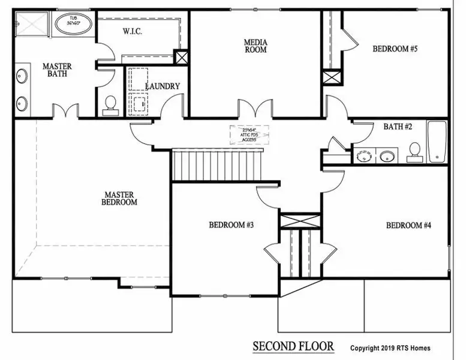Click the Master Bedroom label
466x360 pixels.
[x=121, y=199]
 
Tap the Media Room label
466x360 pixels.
[x=255, y=46]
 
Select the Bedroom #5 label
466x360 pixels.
[x=395, y=49]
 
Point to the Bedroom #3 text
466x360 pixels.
[x=232, y=225]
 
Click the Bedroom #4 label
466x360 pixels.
[x=408, y=225]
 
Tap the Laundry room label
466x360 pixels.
[x=163, y=86]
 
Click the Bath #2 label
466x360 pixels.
[x=397, y=127]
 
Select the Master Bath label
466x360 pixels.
[x=58, y=70]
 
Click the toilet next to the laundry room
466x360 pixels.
[x=110, y=104]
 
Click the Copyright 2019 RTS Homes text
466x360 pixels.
[x=390, y=348]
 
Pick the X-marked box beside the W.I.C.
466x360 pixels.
[x=181, y=56]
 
